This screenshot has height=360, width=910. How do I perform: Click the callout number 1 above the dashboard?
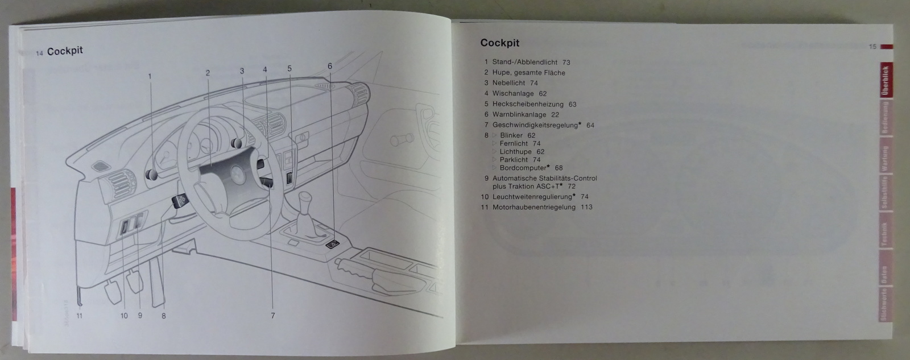tap(151, 76)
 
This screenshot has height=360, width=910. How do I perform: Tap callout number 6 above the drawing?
tap(329, 65)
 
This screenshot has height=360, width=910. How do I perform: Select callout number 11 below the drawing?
tap(80, 316)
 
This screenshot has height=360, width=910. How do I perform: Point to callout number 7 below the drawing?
tap(272, 316)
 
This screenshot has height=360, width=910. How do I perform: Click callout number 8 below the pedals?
tap(163, 316)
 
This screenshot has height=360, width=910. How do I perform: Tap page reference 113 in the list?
tap(586, 207)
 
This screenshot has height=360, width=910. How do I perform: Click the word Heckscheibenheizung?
tap(528, 104)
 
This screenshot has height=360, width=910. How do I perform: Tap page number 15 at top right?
tap(872, 47)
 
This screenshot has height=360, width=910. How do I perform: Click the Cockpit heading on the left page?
tap(65, 51)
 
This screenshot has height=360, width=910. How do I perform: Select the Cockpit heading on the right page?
tap(499, 43)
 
